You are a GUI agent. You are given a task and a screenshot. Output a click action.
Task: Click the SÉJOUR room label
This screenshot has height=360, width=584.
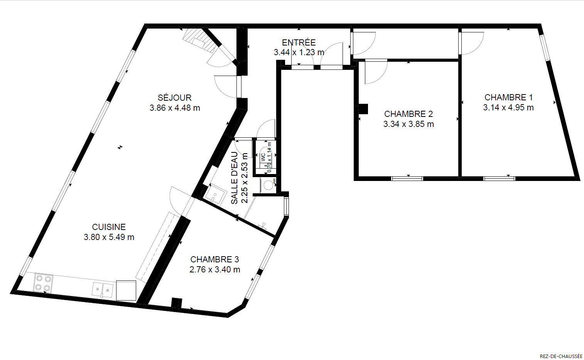tap(175, 98)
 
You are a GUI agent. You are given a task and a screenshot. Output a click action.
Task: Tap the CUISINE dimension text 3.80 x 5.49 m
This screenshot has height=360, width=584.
tap(109, 237)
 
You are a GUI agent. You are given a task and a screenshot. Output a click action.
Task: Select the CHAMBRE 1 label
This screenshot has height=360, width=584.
tap(508, 97)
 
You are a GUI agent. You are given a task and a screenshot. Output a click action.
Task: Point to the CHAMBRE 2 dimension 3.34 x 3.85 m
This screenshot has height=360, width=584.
tap(408, 124)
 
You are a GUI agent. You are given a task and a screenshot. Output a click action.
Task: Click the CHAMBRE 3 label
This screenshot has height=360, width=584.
tap(214, 259)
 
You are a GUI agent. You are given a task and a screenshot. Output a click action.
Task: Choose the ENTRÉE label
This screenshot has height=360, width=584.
tap(299, 42)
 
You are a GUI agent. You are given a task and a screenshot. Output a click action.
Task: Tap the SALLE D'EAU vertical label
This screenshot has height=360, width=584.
tap(235, 178)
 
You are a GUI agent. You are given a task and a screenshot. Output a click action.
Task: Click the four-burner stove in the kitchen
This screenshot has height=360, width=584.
tap(43, 283)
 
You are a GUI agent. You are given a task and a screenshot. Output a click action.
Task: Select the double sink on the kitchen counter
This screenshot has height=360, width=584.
tap(103, 289)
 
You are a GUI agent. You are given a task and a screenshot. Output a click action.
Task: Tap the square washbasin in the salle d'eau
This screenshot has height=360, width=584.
tap(215, 194)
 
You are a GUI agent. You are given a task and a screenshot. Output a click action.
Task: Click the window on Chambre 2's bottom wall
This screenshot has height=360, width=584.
tap(407, 179)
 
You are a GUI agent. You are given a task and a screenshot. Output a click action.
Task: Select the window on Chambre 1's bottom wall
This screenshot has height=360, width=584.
tap(499, 179)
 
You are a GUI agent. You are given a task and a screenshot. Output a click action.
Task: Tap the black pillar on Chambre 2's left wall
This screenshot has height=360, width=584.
tap(363, 109)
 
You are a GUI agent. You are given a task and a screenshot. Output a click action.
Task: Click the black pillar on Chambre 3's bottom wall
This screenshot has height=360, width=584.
tap(177, 303)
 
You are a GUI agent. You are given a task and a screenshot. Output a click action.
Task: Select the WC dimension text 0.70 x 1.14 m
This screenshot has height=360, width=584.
tap(269, 157)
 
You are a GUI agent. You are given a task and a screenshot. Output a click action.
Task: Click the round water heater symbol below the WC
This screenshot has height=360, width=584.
tap(268, 185)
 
